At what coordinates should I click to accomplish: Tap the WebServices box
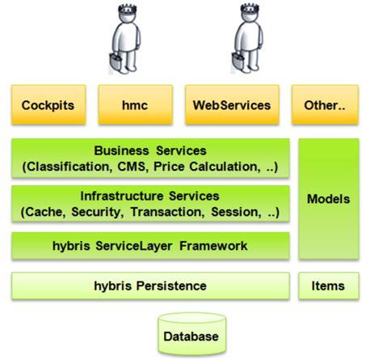(x=232, y=106)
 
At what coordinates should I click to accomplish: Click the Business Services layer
(x=150, y=159)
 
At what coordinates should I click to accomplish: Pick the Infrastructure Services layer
(x=150, y=204)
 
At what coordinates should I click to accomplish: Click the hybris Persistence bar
(x=150, y=286)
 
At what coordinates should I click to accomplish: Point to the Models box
(x=328, y=198)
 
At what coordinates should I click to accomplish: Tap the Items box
(x=328, y=286)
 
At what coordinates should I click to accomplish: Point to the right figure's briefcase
(x=238, y=63)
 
